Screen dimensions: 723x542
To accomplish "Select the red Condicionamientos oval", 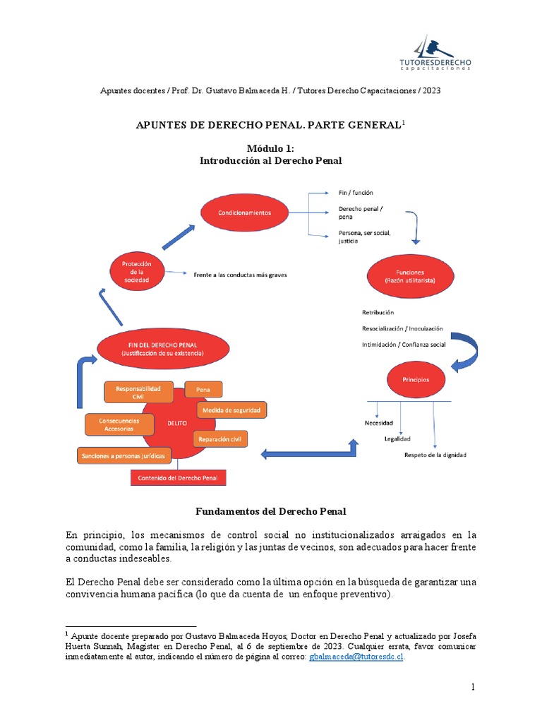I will (244, 212).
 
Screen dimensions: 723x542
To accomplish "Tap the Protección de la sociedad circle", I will (137, 272).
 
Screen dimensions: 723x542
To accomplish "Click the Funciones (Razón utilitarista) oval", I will (409, 275).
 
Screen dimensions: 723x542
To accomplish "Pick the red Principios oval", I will (416, 379).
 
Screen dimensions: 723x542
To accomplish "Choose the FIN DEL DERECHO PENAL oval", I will (162, 348).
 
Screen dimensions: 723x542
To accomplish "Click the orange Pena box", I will (203, 389).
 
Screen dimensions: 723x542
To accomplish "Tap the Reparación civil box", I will (221, 439).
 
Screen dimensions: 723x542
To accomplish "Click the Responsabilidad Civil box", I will (138, 393).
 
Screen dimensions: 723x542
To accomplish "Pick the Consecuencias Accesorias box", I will (119, 424).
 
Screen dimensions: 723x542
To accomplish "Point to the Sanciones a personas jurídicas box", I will (124, 456).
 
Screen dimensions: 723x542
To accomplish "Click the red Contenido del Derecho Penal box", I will (178, 478).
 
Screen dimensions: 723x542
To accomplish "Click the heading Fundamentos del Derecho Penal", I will (270, 510).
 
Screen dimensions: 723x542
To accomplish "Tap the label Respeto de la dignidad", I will (435, 455).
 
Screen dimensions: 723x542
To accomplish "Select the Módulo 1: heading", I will (270, 148).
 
